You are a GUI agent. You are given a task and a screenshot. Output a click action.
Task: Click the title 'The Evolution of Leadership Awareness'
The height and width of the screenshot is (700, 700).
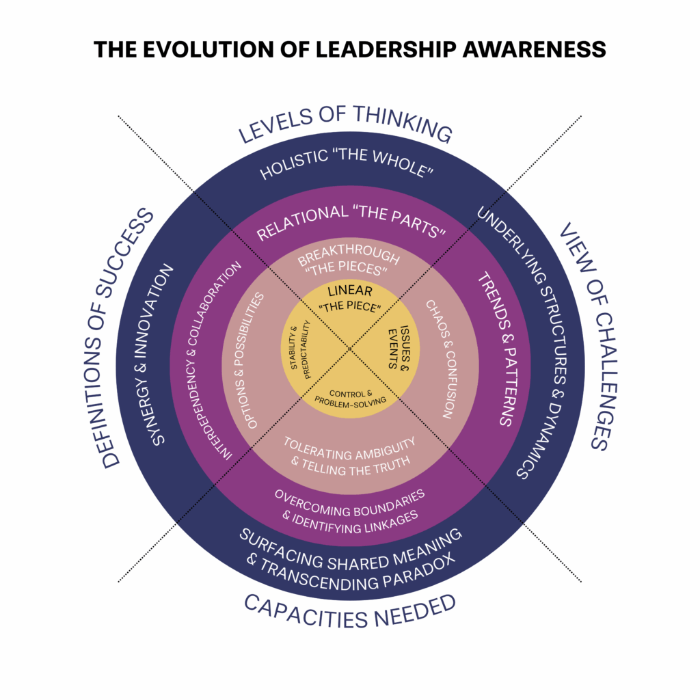(x=349, y=49)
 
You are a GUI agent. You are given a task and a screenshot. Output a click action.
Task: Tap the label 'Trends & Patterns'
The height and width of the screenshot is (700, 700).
(x=495, y=349)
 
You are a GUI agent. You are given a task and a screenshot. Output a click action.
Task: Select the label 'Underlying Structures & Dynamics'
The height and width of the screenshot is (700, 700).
(x=533, y=342)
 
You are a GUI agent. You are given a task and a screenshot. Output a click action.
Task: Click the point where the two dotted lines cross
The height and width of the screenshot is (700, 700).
(x=350, y=349)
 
